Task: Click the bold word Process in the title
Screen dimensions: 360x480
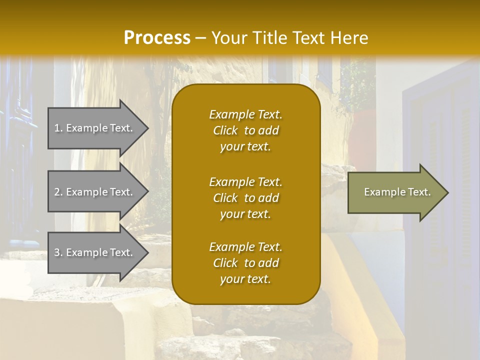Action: pos(157,38)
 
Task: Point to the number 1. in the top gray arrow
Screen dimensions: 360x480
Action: pos(58,128)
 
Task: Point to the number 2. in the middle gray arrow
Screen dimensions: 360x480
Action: pos(58,192)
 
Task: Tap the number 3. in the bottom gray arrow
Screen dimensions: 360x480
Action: pos(58,252)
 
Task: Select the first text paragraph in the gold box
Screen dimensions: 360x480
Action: pos(245,130)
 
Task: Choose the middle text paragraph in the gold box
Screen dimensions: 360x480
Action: pos(245,198)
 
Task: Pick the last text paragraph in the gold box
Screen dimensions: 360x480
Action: pos(245,263)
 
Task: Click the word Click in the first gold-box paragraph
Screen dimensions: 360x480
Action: pos(225,130)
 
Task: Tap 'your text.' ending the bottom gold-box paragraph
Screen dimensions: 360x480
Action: pos(245,279)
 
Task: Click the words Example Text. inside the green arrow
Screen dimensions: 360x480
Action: pos(397,192)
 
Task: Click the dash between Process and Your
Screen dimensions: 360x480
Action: pos(201,38)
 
